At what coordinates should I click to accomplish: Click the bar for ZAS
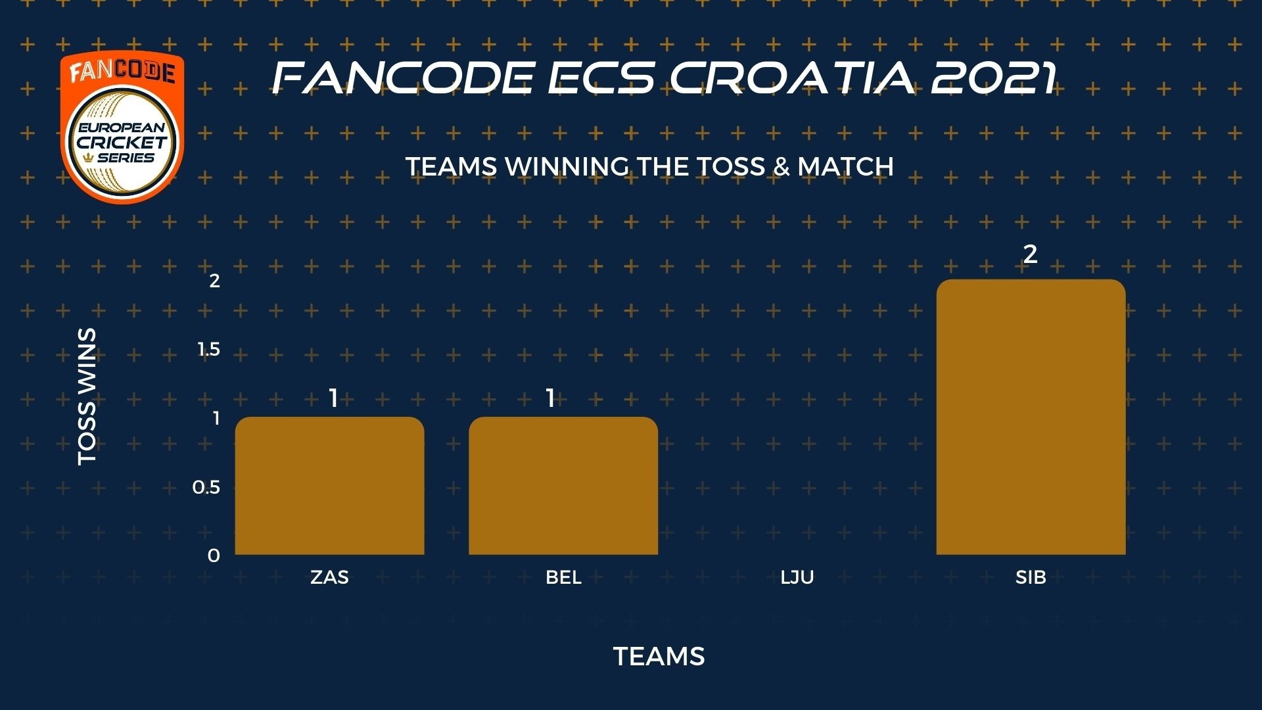click(329, 486)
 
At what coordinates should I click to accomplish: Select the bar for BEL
click(563, 486)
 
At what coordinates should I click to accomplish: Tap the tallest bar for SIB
click(1031, 417)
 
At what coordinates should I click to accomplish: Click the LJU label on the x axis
click(797, 577)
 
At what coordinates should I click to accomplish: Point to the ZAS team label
click(329, 577)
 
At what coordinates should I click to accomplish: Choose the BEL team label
click(563, 577)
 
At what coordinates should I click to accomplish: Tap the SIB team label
click(1031, 577)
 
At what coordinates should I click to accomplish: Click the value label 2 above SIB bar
click(1030, 254)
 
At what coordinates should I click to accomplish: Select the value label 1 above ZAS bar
click(333, 398)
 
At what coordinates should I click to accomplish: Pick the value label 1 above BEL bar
click(550, 398)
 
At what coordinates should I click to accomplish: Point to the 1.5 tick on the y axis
click(209, 349)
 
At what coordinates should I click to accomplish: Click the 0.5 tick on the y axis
click(206, 487)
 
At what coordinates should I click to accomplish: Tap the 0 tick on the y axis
click(214, 556)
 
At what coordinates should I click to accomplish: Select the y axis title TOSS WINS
click(87, 396)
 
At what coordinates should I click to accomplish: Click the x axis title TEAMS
click(659, 656)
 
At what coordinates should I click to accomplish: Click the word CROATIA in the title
click(792, 78)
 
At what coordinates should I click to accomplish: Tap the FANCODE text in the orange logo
click(122, 71)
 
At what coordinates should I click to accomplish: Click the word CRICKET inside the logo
click(122, 142)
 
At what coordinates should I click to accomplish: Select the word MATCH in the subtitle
click(845, 166)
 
